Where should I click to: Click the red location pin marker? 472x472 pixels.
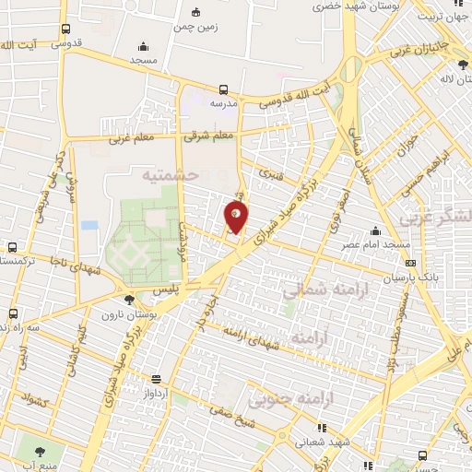[x=237, y=218]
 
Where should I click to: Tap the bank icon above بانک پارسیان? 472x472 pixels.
[x=410, y=263]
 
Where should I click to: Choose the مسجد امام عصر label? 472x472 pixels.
[x=376, y=246]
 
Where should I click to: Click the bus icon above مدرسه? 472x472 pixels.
[x=223, y=89]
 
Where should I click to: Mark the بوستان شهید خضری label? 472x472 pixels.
[x=310, y=7]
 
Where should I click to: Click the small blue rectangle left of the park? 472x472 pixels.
[x=89, y=224]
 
